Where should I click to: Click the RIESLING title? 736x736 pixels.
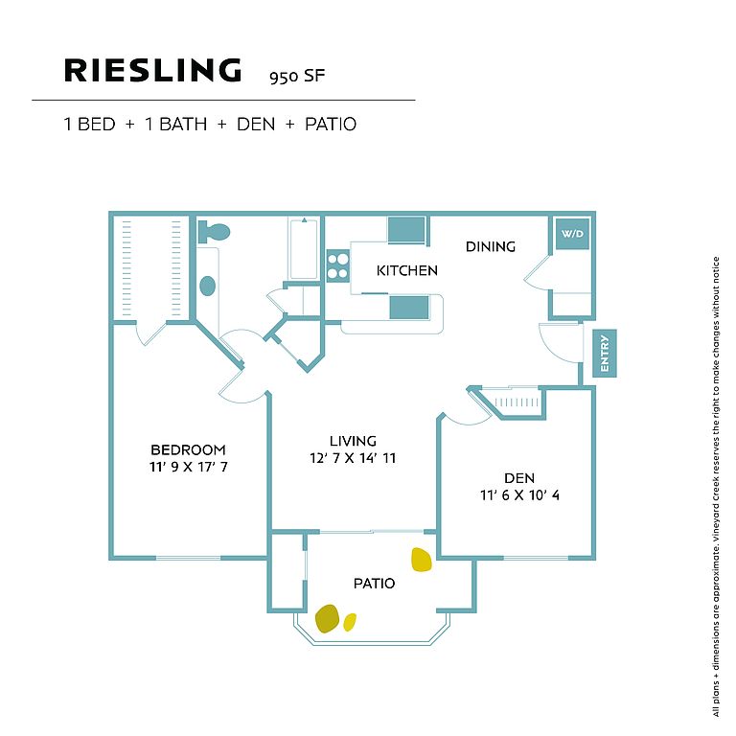coord(152,70)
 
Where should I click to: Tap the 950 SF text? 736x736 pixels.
coord(297,77)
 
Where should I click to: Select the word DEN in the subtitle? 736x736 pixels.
coord(256,125)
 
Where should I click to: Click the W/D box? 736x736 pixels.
coord(572,233)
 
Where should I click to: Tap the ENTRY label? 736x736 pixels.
coord(605,353)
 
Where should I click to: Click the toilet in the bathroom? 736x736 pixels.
coord(214,232)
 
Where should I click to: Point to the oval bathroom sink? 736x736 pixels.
coord(207,286)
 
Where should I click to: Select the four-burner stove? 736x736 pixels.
coord(338,266)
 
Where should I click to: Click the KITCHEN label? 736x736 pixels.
coord(407,270)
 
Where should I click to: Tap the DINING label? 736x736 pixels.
coord(491,246)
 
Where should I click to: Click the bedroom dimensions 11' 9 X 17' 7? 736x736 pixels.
coord(189,467)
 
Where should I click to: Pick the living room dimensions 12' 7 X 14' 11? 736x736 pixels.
coord(353,458)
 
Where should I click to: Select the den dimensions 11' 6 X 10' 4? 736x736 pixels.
coord(519,495)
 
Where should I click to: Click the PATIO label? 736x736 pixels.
coord(374,584)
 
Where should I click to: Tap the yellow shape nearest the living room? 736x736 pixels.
coord(421,560)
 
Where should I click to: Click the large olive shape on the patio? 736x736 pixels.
coord(327,618)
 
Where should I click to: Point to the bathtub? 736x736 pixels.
coord(304,248)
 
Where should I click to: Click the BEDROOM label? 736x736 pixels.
coord(188,449)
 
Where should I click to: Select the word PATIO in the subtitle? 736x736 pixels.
coord(331,125)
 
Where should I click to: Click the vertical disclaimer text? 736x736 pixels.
coord(716,486)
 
